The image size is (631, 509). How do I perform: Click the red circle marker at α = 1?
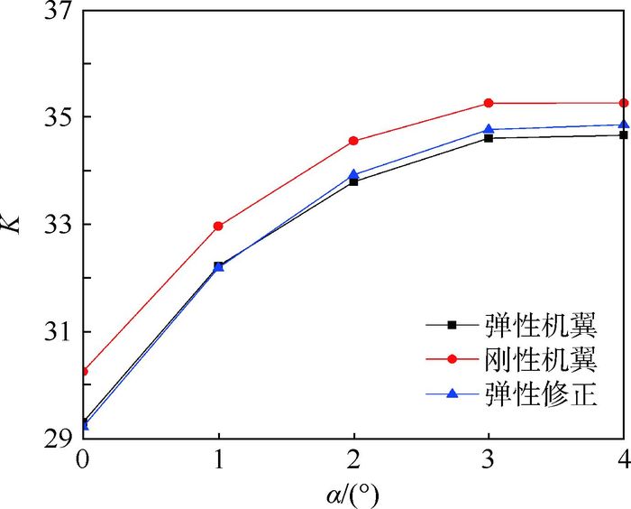click(x=218, y=226)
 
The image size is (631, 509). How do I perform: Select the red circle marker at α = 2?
click(x=353, y=141)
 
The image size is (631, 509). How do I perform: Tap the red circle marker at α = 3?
click(x=489, y=103)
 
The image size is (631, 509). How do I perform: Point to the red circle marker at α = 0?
click(x=84, y=371)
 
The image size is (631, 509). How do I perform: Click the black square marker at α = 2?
click(x=353, y=181)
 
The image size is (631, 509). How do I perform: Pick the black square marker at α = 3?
click(x=489, y=138)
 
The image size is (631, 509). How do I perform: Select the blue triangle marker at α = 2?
click(x=353, y=174)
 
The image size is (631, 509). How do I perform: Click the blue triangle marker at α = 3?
click(x=489, y=129)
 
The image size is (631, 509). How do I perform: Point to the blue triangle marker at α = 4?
click(x=623, y=125)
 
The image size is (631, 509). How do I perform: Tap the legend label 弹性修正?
click(x=540, y=394)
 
